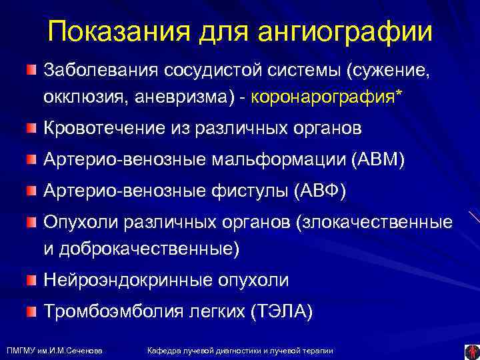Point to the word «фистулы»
[x=247, y=191]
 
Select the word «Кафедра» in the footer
[x=162, y=351]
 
